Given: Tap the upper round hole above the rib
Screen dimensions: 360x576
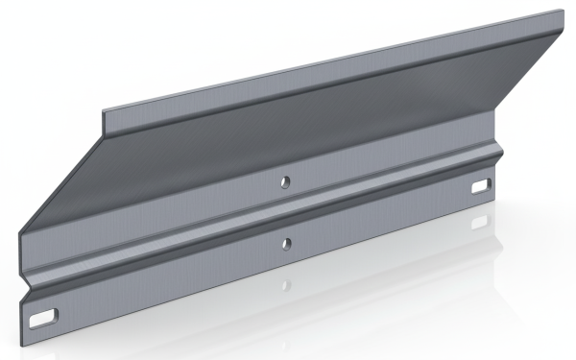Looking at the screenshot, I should pos(284,180).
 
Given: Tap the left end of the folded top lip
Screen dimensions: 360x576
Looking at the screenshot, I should pos(106,119).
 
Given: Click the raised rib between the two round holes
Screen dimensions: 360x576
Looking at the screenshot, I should pos(285,212).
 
